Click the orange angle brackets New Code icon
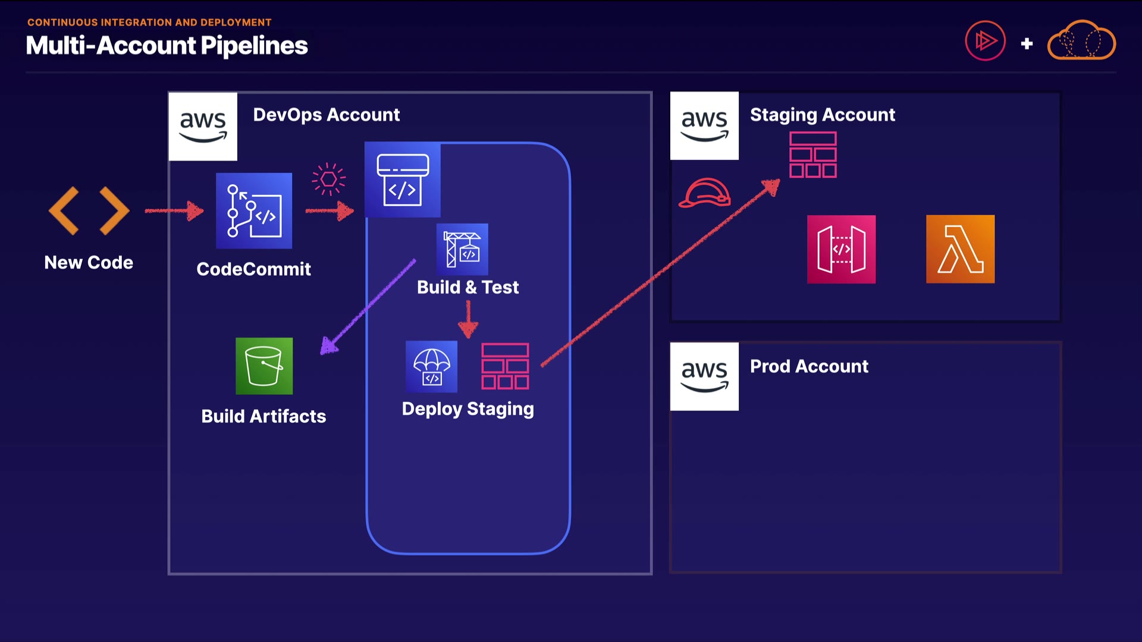coord(89,211)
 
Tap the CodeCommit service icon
coord(254,211)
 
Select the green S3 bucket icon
coord(264,366)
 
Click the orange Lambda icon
coord(960,249)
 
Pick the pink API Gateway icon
coord(841,249)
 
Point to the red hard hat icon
coord(705,193)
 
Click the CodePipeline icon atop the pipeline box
coord(403,180)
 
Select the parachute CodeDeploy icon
coord(432,367)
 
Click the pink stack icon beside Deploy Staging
coord(505,366)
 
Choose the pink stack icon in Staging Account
coord(813,155)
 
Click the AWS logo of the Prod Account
coord(704,376)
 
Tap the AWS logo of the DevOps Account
coord(203,126)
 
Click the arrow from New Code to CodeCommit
coord(174,210)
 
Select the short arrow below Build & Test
coord(468,319)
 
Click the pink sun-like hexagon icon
coord(328,179)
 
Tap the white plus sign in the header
coord(1027,43)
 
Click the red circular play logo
coord(985,41)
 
